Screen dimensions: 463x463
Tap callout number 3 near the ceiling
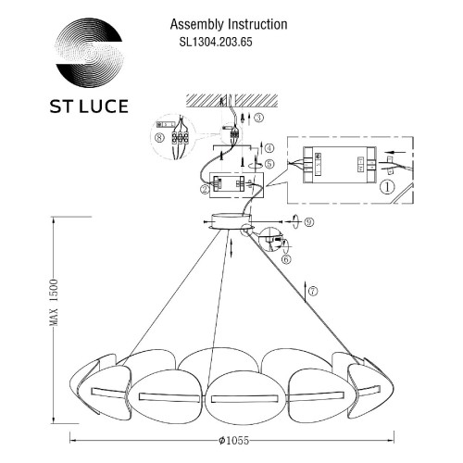pyautogui.click(x=258, y=119)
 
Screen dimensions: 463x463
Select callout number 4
pyautogui.click(x=269, y=147)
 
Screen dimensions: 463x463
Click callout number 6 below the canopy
pyautogui.click(x=287, y=261)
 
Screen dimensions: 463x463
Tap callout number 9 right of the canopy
pyautogui.click(x=309, y=221)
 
